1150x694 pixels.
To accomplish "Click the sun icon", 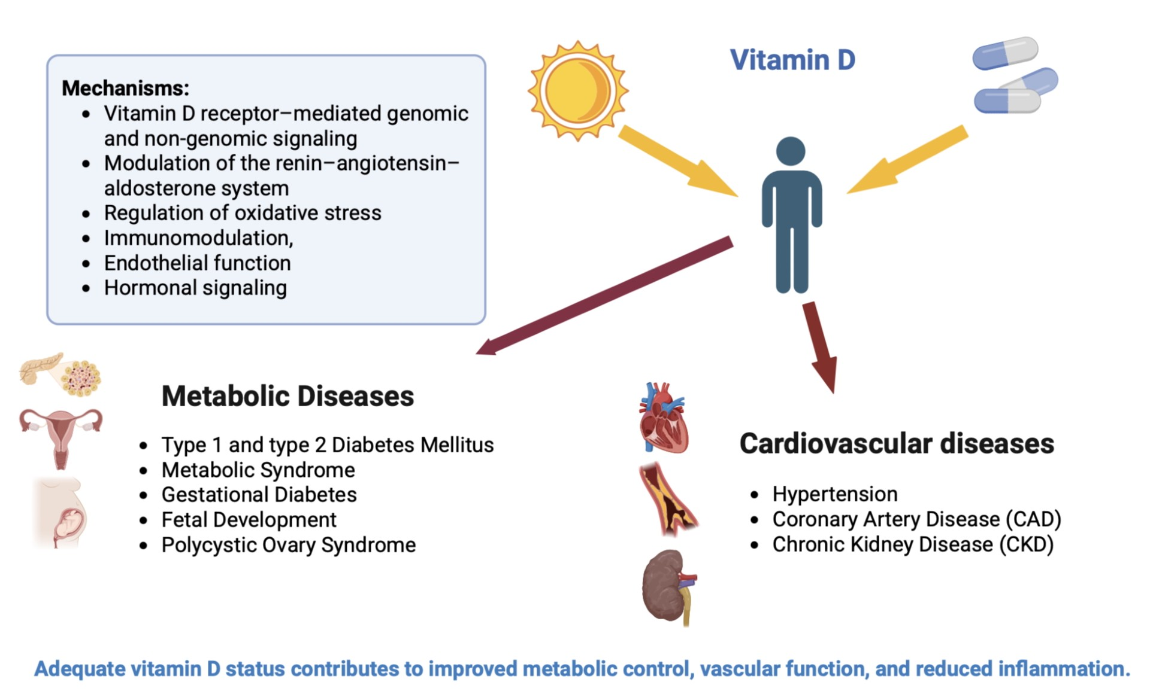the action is coord(578,91).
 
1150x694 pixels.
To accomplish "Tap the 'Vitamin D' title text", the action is coord(792,60).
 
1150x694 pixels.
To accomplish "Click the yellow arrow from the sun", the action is coord(678,160).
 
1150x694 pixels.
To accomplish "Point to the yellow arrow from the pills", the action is coord(907,159).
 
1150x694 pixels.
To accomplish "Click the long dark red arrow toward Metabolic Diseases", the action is coord(604,296).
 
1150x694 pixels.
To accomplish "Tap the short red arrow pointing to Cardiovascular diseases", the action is coord(820,348).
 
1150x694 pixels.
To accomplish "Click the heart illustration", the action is coord(663,418).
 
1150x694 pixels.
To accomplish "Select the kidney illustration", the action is coord(670,587).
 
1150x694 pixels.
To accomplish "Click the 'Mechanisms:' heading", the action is coord(125,88).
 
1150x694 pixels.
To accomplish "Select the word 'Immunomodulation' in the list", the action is coord(196,238).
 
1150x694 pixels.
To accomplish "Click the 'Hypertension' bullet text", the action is coord(835,494).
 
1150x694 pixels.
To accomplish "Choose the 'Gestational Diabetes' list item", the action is coord(259,495).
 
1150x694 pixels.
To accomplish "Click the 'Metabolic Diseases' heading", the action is coord(287,396).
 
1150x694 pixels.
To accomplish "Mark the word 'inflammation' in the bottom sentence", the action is coord(1061,669).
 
